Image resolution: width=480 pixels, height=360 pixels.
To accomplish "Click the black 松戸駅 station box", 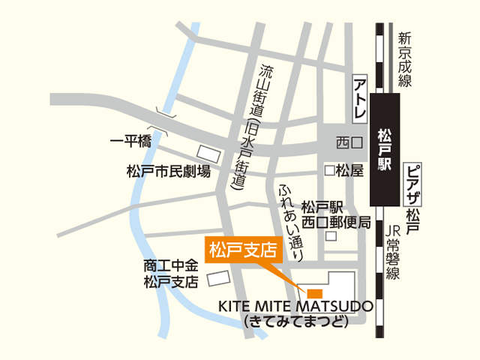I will click(385, 151).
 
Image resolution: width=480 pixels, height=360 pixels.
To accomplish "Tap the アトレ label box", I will click(359, 97).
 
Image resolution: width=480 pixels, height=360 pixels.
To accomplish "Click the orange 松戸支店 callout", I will click(241, 248).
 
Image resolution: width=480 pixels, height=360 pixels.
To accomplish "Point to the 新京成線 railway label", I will click(405, 60).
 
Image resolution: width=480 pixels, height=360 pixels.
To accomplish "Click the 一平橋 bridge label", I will click(131, 142).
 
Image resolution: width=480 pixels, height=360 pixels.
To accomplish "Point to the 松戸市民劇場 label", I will click(168, 172).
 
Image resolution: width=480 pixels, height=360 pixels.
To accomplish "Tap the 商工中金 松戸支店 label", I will click(171, 274).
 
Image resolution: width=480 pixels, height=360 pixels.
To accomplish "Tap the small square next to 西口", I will click(358, 142).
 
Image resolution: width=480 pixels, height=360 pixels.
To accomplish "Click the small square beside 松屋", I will click(328, 170).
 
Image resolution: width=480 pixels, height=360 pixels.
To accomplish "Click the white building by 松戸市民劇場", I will click(209, 155).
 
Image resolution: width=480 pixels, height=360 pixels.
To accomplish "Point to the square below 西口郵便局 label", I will click(331, 235).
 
